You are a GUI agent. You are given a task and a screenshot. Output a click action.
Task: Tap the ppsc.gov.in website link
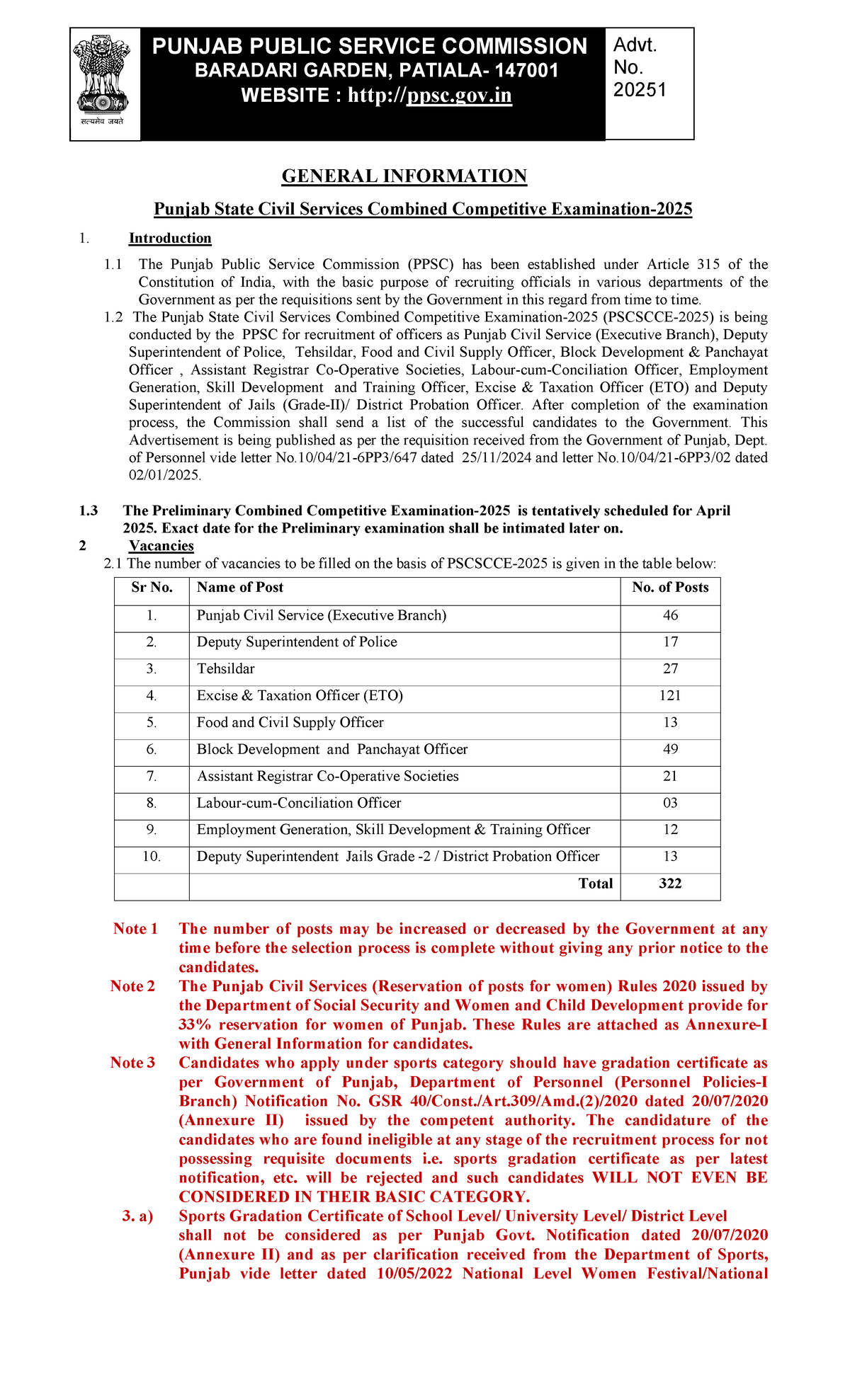459,96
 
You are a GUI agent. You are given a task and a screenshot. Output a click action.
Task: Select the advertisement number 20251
640,90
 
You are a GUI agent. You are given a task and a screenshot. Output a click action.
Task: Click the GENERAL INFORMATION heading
404,176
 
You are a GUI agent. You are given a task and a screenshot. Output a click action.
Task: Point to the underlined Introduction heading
170,239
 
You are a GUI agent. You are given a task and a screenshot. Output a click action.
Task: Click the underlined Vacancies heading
161,546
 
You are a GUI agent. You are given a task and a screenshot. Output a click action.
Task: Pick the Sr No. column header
152,588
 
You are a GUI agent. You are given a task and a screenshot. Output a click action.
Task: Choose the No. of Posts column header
670,588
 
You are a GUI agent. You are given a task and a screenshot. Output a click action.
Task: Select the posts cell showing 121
670,696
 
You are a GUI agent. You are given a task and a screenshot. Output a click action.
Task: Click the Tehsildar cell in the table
225,669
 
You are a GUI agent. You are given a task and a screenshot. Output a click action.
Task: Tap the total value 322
670,884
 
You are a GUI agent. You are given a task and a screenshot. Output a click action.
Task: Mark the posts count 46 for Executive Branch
670,615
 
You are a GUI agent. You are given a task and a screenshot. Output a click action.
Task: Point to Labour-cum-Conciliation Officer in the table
299,804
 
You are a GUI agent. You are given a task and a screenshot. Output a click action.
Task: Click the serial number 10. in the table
152,857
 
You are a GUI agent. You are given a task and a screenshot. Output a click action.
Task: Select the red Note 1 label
135,929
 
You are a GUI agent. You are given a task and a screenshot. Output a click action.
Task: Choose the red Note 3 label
132,1063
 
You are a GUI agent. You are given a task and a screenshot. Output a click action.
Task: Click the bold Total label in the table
596,884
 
